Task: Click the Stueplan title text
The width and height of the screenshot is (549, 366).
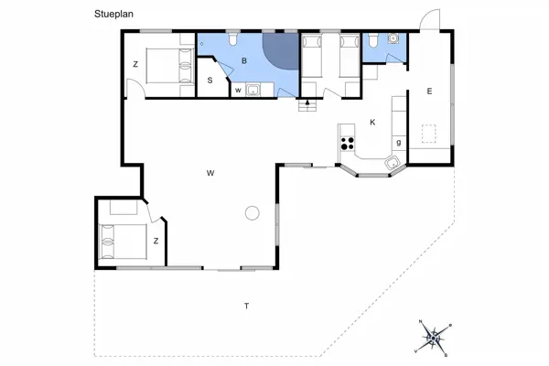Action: (x=113, y=15)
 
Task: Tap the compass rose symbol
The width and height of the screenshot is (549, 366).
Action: (x=433, y=338)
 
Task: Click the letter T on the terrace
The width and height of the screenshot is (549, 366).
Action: (x=246, y=307)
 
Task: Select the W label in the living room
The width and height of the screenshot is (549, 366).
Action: (x=210, y=173)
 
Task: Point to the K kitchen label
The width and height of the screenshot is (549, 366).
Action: (x=372, y=123)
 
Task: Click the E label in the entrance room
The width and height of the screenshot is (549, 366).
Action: (x=429, y=91)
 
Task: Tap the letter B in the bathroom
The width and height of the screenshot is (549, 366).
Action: (x=244, y=60)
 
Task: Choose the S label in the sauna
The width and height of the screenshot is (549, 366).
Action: (x=210, y=81)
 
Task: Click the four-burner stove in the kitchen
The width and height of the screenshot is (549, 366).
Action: (x=348, y=144)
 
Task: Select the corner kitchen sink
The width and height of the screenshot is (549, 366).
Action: (x=393, y=163)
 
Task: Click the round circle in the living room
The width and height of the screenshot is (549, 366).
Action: (x=252, y=212)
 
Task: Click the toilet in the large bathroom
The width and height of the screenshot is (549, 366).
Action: (x=232, y=39)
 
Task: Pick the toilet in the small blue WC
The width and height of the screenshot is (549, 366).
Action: (x=373, y=40)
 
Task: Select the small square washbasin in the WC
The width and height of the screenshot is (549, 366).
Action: (x=393, y=38)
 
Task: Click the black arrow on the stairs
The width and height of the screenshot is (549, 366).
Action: (x=307, y=102)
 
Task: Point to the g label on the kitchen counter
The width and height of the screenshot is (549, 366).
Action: (x=398, y=143)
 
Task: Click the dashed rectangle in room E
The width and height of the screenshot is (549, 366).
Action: (x=428, y=134)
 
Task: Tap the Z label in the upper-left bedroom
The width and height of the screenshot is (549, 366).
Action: (x=135, y=64)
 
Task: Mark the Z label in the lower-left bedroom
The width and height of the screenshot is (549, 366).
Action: (x=156, y=241)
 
